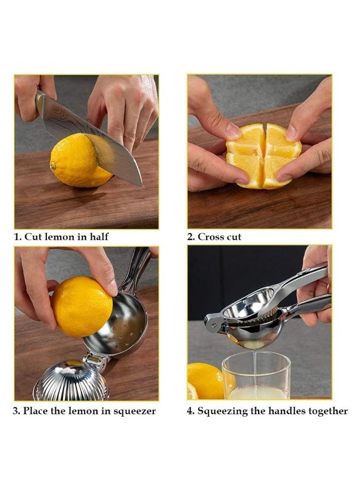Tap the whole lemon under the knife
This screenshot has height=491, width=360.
point(76,161)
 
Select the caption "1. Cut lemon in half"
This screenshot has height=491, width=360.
point(61,237)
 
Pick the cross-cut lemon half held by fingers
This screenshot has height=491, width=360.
point(263,155)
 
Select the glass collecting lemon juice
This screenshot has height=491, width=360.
point(256,376)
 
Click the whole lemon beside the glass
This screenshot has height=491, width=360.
point(205,380)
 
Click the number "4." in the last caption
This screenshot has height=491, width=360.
point(191,411)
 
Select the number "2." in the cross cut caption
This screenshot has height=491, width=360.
point(191,237)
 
